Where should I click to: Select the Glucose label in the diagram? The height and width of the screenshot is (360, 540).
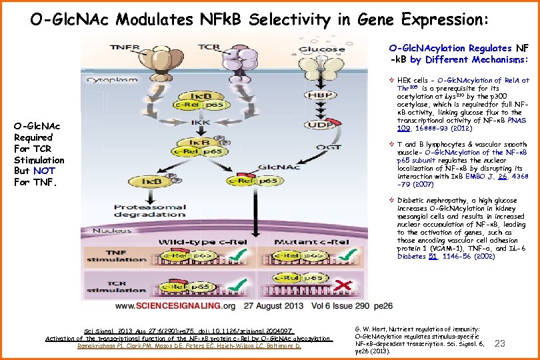pos(322,49)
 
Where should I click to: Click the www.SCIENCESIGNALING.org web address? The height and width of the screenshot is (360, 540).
pos(176,307)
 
